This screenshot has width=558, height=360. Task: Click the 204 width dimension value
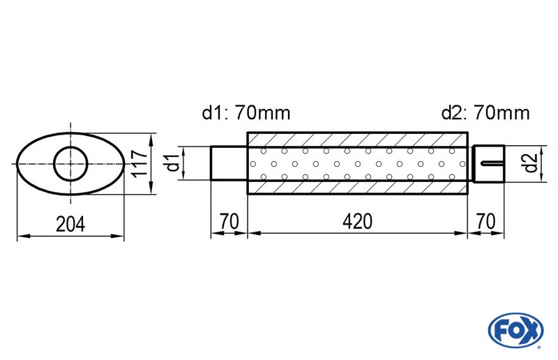70,224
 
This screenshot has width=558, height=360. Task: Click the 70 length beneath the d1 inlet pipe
229,221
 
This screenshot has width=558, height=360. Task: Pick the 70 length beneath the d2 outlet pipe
486,221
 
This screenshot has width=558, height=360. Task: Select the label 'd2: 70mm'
485,112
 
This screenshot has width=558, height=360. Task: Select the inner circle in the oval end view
70,164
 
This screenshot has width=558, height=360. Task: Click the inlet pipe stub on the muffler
229,163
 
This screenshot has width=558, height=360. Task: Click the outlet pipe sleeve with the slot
488,164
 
